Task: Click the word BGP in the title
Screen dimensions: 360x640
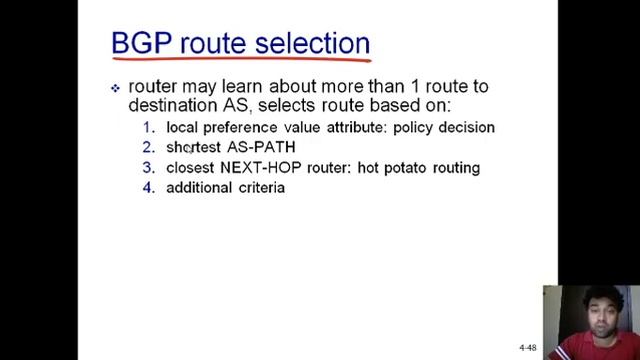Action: coord(137,43)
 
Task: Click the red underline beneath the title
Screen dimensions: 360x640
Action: coord(240,62)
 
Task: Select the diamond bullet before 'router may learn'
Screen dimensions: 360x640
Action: coord(116,88)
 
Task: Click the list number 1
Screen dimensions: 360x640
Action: coord(148,127)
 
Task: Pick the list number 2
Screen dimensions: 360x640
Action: coord(148,147)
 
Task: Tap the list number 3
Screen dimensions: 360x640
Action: coord(148,167)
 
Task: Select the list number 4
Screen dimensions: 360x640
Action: coord(148,187)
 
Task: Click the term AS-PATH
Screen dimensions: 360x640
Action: coord(261,147)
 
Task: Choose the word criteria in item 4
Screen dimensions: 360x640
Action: coord(262,187)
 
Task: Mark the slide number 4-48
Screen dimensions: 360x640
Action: coord(527,347)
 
